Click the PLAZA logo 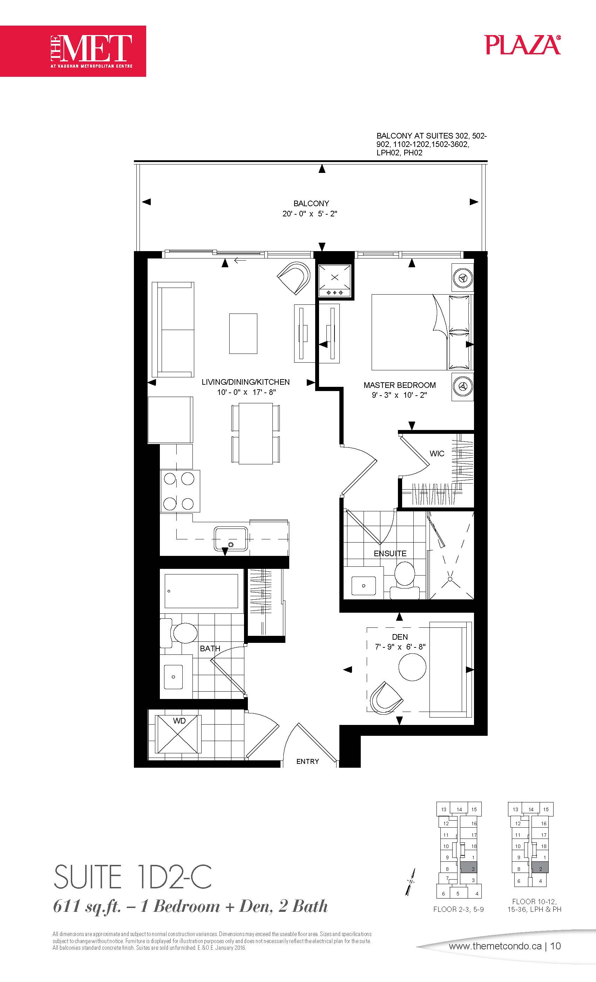(x=523, y=44)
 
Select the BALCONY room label (x=311, y=203)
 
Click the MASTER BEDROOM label (x=400, y=385)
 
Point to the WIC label (x=436, y=453)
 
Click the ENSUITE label (x=390, y=553)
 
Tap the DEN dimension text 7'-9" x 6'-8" (x=400, y=647)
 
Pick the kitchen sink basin (x=231, y=538)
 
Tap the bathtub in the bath (x=202, y=591)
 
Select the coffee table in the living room (x=243, y=334)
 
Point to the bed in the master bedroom (x=421, y=332)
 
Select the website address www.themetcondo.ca (x=495, y=946)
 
